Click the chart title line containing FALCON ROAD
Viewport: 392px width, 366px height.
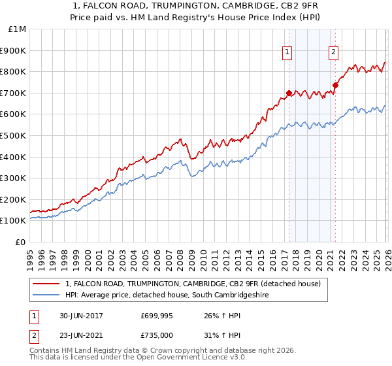(x=196, y=6)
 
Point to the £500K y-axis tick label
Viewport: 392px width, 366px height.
(x=14, y=136)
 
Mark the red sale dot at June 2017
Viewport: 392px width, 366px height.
(x=288, y=93)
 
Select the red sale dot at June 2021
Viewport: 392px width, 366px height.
(x=335, y=85)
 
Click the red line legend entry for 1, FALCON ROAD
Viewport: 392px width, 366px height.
(x=193, y=284)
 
